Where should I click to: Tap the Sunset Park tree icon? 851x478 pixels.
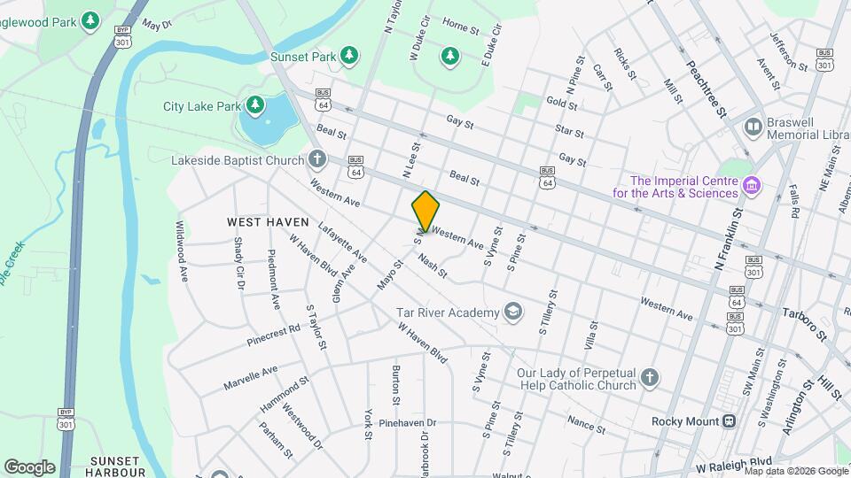click(x=349, y=56)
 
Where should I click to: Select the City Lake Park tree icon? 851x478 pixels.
click(x=255, y=106)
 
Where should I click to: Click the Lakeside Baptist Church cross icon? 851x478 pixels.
click(x=317, y=160)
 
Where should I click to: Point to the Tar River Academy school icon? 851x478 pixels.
click(x=511, y=311)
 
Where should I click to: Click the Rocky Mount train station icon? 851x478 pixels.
click(x=730, y=420)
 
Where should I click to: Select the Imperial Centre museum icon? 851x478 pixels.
click(x=752, y=186)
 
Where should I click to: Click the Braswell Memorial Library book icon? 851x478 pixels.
click(x=753, y=127)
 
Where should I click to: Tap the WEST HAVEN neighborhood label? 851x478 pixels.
click(x=268, y=221)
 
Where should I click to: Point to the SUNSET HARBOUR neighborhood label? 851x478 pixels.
click(x=116, y=466)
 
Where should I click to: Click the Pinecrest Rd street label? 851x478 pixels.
click(x=274, y=334)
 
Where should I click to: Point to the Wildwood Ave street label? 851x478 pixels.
click(x=181, y=251)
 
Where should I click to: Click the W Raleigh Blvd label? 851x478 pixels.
click(x=734, y=463)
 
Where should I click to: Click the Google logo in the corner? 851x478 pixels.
click(x=29, y=466)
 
